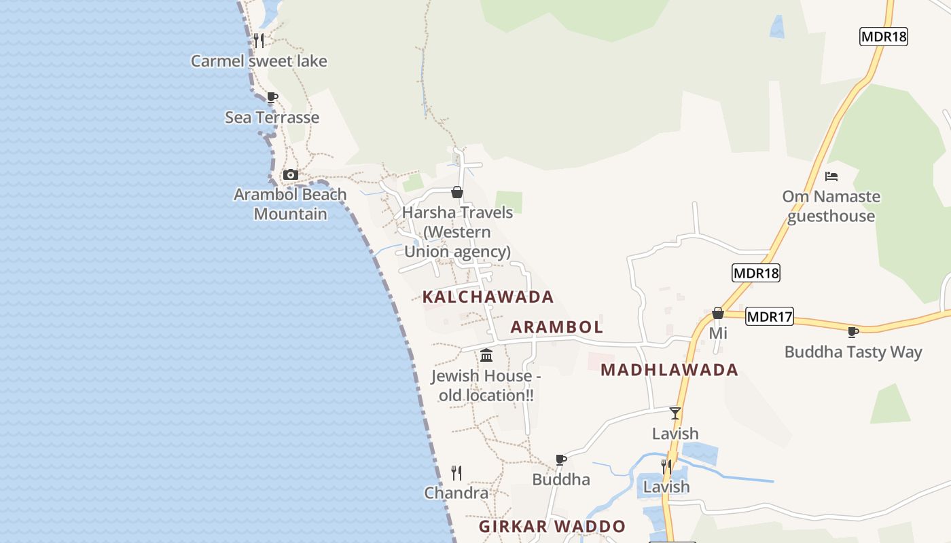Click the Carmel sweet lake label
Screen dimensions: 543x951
[259, 61]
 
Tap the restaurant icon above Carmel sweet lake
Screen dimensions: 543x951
[259, 41]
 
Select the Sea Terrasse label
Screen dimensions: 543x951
[272, 117]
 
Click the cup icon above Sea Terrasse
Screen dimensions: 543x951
[272, 98]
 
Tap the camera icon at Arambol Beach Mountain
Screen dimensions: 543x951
[291, 175]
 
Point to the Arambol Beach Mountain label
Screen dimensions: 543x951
[290, 204]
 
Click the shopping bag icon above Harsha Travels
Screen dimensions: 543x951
[457, 192]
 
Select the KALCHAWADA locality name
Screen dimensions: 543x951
[488, 297]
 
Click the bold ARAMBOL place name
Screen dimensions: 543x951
[556, 327]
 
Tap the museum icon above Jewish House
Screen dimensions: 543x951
[486, 355]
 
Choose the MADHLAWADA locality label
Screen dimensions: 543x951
[669, 370]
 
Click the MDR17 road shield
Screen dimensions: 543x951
[770, 316]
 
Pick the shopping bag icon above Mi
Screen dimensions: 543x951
[718, 313]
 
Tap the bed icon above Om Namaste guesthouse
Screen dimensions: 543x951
[831, 176]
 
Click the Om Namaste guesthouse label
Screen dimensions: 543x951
[831, 206]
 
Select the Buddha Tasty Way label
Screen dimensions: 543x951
[853, 352]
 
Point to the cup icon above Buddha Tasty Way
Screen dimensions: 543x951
[853, 332]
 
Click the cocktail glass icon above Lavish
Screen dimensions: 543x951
[675, 413]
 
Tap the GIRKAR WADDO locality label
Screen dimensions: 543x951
[552, 527]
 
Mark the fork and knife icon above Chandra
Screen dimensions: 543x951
[456, 472]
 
